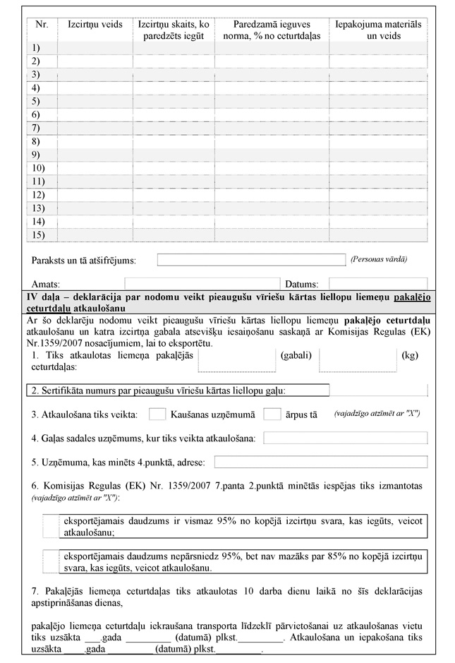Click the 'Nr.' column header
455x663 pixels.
tap(42, 24)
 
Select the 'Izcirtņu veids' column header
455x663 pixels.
tap(95, 24)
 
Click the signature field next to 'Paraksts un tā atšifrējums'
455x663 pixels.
tap(250, 260)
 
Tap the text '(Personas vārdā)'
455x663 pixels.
tap(379, 259)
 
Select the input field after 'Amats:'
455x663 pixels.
tap(162, 283)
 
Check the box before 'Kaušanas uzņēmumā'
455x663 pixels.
tap(158, 414)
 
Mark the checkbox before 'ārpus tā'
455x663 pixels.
tap(272, 414)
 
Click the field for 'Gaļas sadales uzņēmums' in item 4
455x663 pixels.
tap(345, 438)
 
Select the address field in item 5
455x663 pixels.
tap(320, 462)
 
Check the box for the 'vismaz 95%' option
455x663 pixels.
tap(50, 527)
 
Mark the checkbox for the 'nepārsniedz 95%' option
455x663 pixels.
tap(50, 561)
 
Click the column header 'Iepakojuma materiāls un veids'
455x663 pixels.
tap(378, 30)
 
